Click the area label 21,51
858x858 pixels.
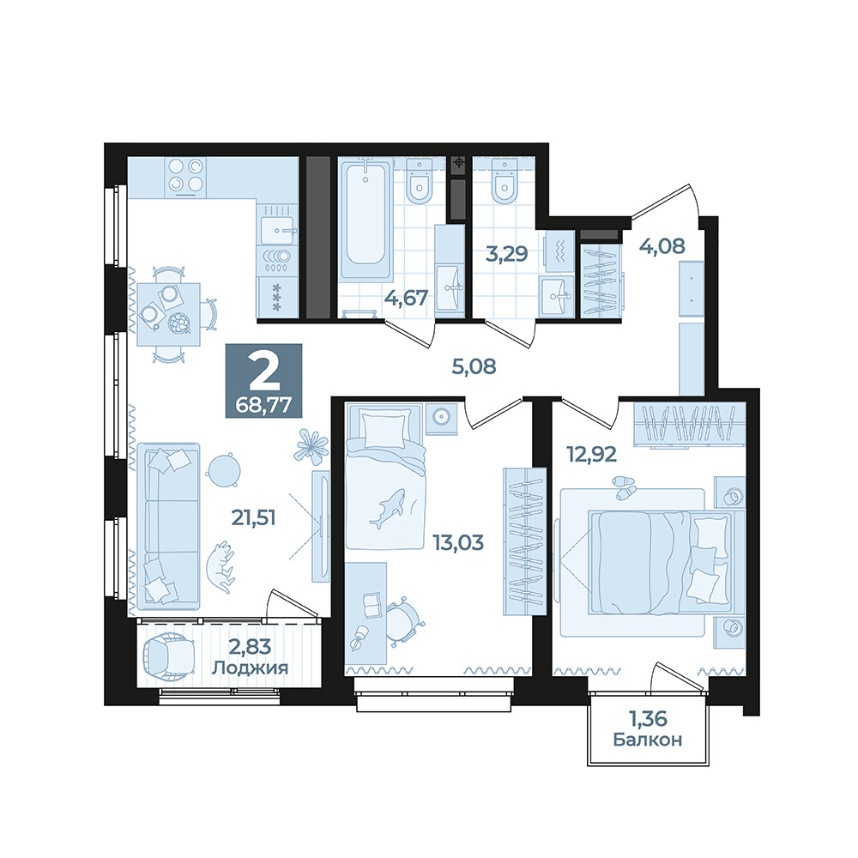(253, 517)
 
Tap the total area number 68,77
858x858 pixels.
(263, 406)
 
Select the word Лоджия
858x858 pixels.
(250, 668)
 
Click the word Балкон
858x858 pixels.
(647, 740)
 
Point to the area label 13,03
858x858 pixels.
(458, 543)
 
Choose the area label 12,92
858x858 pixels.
(591, 454)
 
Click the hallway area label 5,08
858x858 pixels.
(474, 366)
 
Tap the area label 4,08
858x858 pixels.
(662, 246)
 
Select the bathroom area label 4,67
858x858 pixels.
(406, 299)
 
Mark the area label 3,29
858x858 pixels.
(507, 254)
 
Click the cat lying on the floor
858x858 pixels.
(221, 567)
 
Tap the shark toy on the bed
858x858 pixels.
(388, 508)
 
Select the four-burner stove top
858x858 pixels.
(186, 176)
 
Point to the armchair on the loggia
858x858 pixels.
(168, 655)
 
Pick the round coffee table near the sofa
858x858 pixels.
(223, 470)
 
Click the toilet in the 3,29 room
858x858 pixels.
(504, 181)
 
